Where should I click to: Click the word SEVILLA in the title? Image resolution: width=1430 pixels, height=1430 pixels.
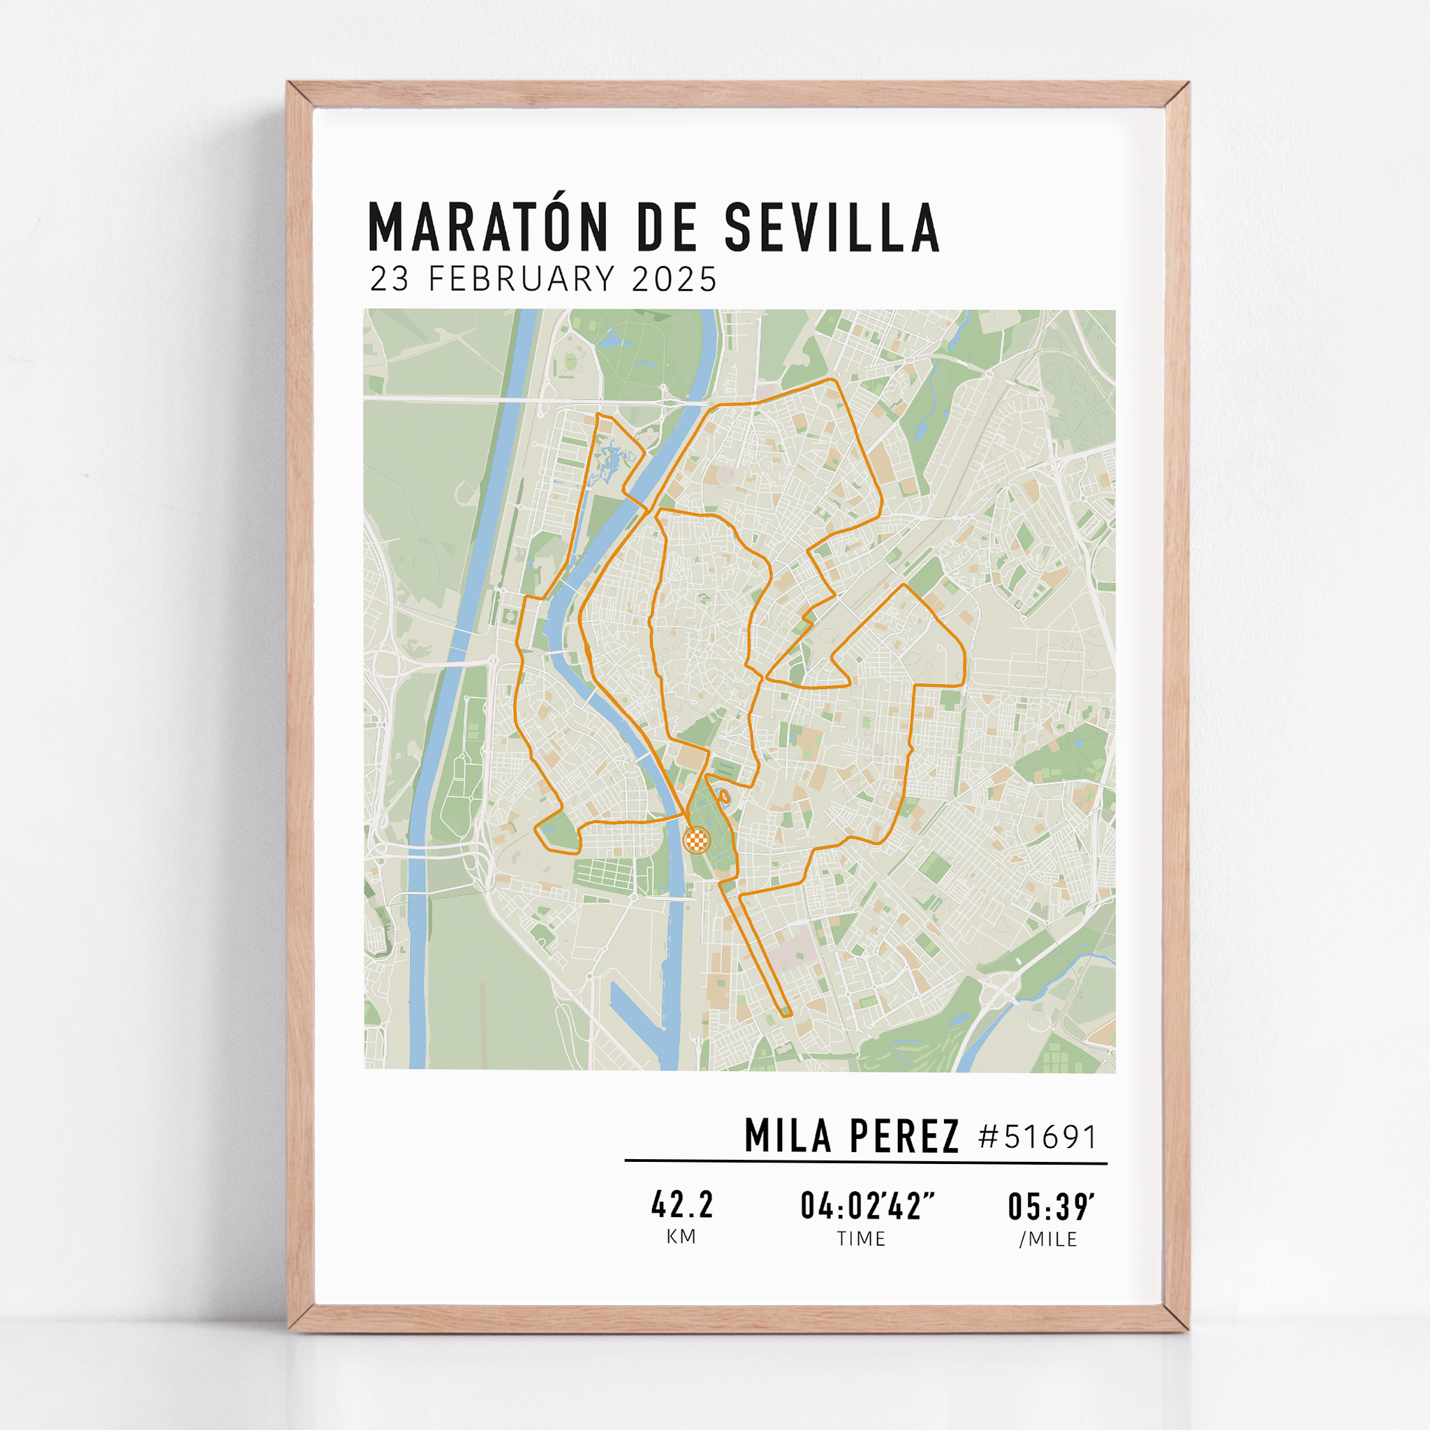pyautogui.click(x=832, y=227)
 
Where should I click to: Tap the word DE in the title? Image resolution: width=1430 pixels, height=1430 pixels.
pyautogui.click(x=667, y=227)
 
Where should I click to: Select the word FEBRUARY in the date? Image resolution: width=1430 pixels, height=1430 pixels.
pyautogui.click(x=522, y=280)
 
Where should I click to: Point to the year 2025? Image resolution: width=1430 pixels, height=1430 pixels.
pyautogui.click(x=675, y=280)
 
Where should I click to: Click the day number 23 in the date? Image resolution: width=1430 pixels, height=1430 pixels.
pyautogui.click(x=390, y=280)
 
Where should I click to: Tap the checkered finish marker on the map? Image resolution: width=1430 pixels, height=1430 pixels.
pyautogui.click(x=696, y=840)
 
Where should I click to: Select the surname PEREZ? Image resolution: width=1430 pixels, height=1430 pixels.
pyautogui.click(x=904, y=1136)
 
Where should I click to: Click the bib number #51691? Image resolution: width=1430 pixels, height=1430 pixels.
pyautogui.click(x=1037, y=1137)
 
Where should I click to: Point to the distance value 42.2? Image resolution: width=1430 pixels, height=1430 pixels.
pyautogui.click(x=682, y=1206)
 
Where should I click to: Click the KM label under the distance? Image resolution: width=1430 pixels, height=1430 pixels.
pyautogui.click(x=681, y=1237)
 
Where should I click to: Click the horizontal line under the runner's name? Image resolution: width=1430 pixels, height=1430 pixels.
pyautogui.click(x=865, y=1162)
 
